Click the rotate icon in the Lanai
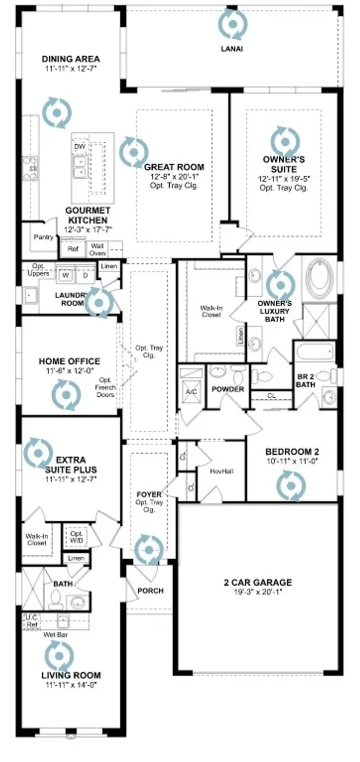coord(233,23)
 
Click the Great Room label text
coord(174,167)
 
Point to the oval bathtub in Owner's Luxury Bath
coord(318,279)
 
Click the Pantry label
coord(43,237)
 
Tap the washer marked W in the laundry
coord(66,275)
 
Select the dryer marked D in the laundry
coord(85,275)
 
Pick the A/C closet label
coord(191,391)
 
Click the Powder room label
coord(228,389)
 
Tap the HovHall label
coord(221,471)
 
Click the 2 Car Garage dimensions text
coord(258,592)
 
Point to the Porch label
coord(150,591)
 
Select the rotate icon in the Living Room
coord(59,656)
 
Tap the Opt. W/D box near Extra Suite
coord(76,537)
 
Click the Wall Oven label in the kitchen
coord(98,249)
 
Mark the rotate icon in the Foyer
coord(149,549)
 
